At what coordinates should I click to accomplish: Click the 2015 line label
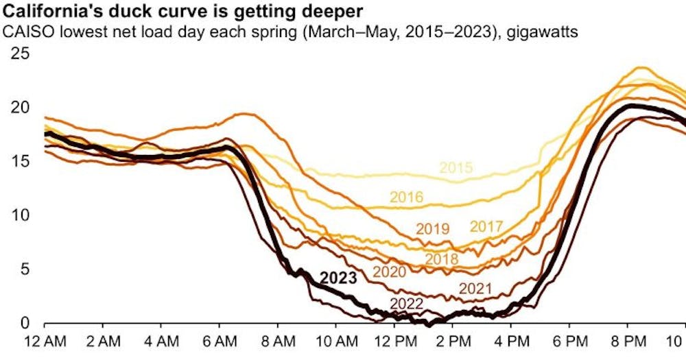(x=456, y=168)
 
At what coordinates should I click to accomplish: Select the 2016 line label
(x=407, y=197)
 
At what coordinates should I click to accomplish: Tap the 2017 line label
(x=486, y=227)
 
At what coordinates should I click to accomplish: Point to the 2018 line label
(x=442, y=259)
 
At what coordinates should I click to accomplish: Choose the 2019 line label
(x=432, y=229)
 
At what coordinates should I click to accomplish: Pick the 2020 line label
(x=390, y=272)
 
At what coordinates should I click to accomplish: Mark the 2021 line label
(x=475, y=289)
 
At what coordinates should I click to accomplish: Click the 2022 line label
(x=406, y=304)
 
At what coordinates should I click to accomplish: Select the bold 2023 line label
(x=338, y=278)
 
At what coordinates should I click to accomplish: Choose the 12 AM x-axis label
(x=45, y=340)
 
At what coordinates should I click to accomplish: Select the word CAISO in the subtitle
(x=24, y=31)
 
